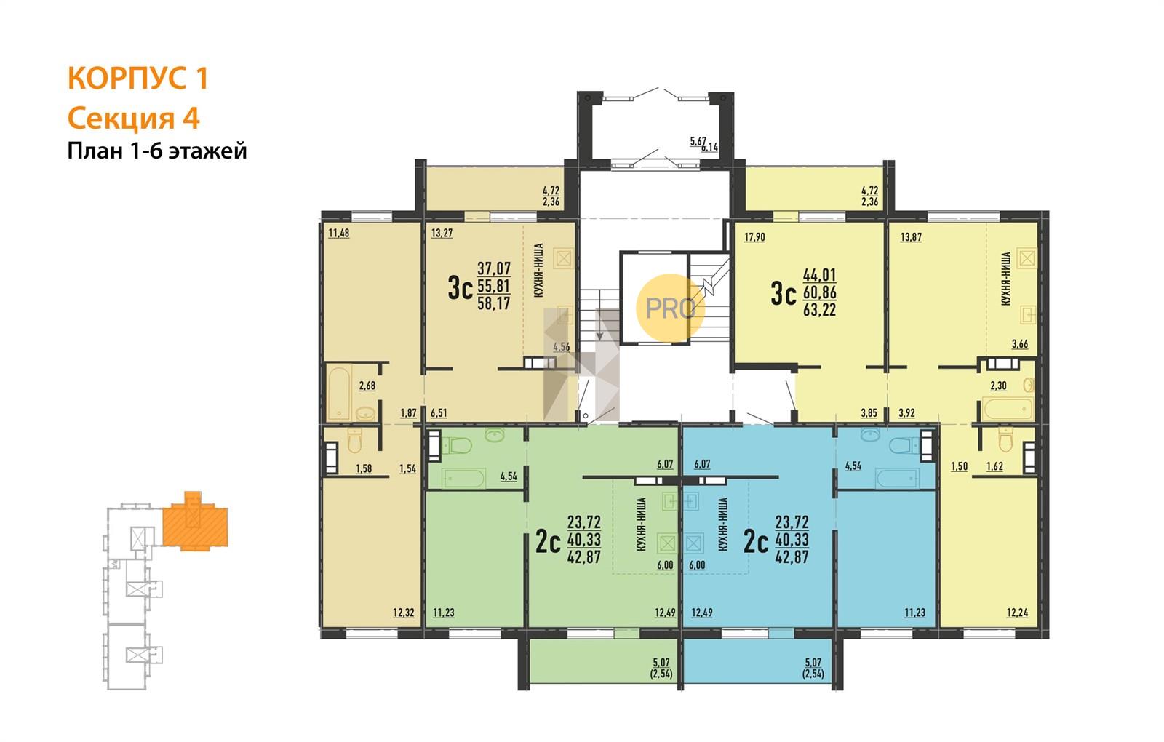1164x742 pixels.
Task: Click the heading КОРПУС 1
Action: pyautogui.click(x=137, y=79)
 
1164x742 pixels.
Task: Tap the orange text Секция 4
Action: pyautogui.click(x=134, y=119)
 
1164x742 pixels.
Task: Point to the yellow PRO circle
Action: pyautogui.click(x=670, y=308)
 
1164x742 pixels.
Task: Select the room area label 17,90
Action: pyautogui.click(x=754, y=237)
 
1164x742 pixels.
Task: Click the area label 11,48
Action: pyautogui.click(x=339, y=234)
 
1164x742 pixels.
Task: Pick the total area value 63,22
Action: pyautogui.click(x=819, y=310)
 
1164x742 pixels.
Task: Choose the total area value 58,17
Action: pyautogui.click(x=494, y=303)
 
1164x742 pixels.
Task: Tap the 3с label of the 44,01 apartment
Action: pyautogui.click(x=784, y=295)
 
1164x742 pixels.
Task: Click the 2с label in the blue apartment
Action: pyautogui.click(x=756, y=543)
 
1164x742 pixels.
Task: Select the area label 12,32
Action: pyautogui.click(x=404, y=613)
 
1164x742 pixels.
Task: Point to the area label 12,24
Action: pyautogui.click(x=1018, y=613)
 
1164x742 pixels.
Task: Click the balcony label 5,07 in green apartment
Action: pyautogui.click(x=661, y=663)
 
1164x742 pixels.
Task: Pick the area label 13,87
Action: pyautogui.click(x=911, y=237)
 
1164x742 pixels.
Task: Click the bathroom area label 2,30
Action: pyautogui.click(x=998, y=386)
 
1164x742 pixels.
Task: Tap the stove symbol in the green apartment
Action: pyautogui.click(x=668, y=543)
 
